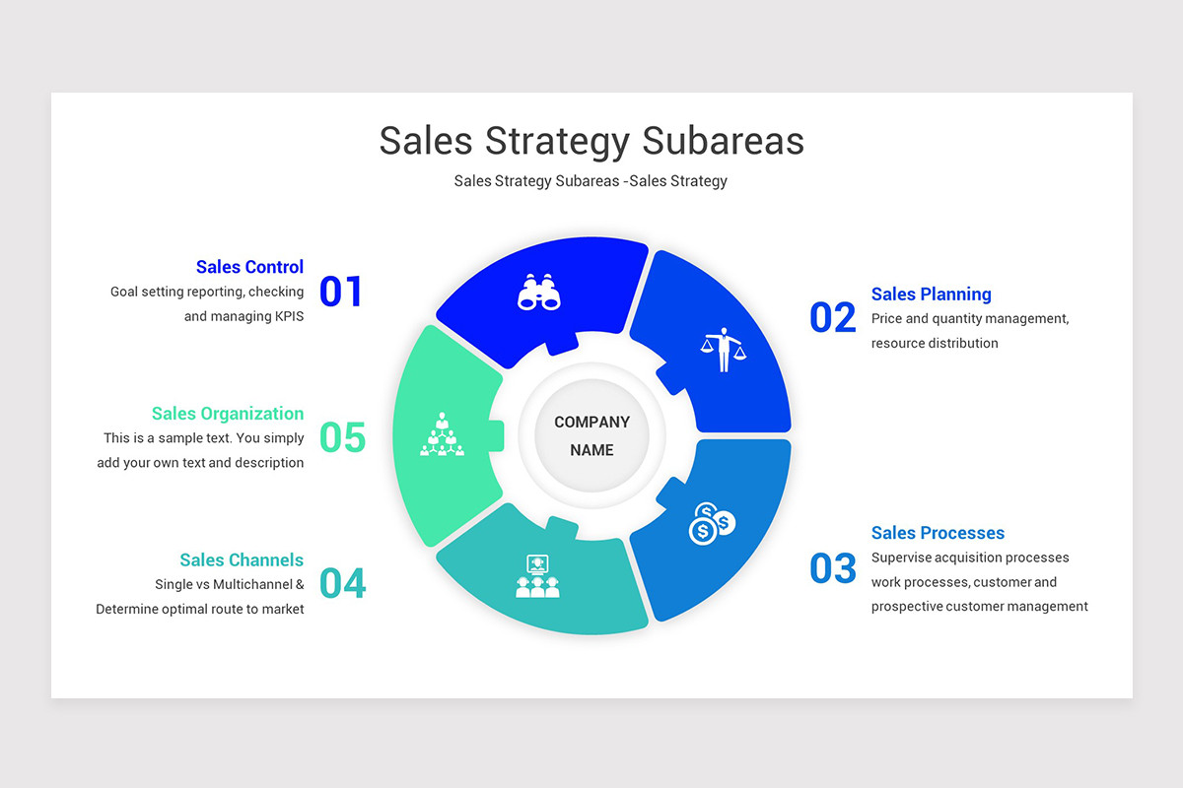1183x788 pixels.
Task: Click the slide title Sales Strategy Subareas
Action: (x=591, y=141)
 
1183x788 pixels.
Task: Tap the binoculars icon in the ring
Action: (x=539, y=292)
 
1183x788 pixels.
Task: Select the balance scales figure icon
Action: (x=724, y=349)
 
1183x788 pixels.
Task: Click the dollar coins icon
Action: (x=712, y=523)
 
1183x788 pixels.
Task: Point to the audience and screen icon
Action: (x=537, y=576)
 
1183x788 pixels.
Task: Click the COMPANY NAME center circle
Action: (x=591, y=436)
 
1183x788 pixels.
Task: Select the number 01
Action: (x=341, y=292)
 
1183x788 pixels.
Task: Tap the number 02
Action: (x=833, y=318)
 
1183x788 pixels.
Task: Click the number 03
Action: (x=833, y=569)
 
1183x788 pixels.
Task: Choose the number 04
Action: (x=342, y=584)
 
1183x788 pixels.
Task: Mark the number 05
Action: (x=342, y=438)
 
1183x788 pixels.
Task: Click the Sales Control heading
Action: (x=249, y=267)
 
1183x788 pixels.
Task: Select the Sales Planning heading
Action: (x=931, y=294)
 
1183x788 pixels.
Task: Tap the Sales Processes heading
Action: (x=938, y=533)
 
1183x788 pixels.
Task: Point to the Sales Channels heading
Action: (x=242, y=559)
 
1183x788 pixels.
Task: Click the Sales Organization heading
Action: (x=228, y=414)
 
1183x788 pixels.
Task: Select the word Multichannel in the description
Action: (x=253, y=584)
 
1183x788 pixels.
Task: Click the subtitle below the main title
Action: (x=591, y=181)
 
